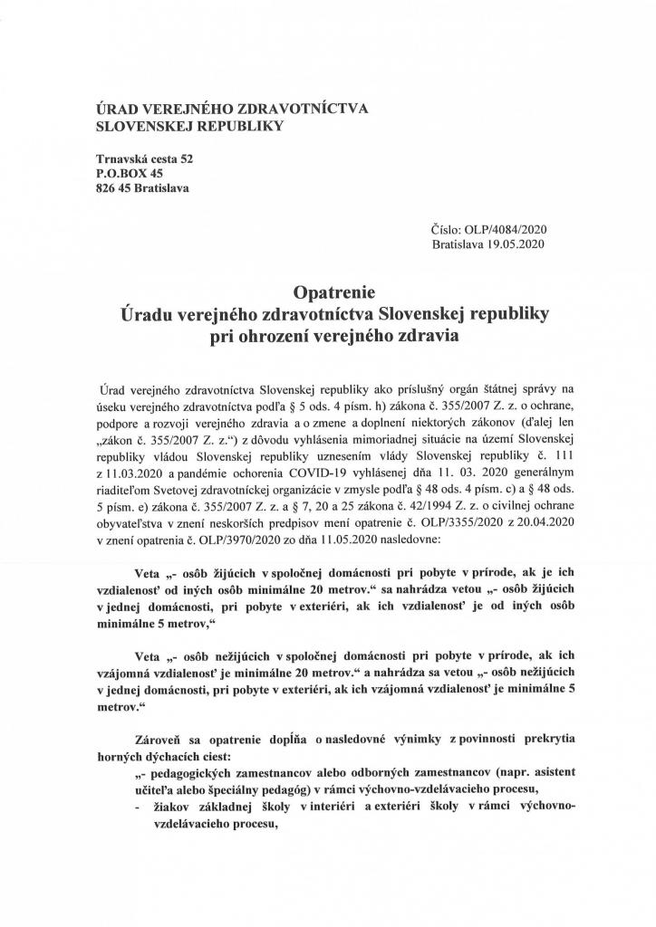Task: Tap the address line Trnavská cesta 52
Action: (x=145, y=158)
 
